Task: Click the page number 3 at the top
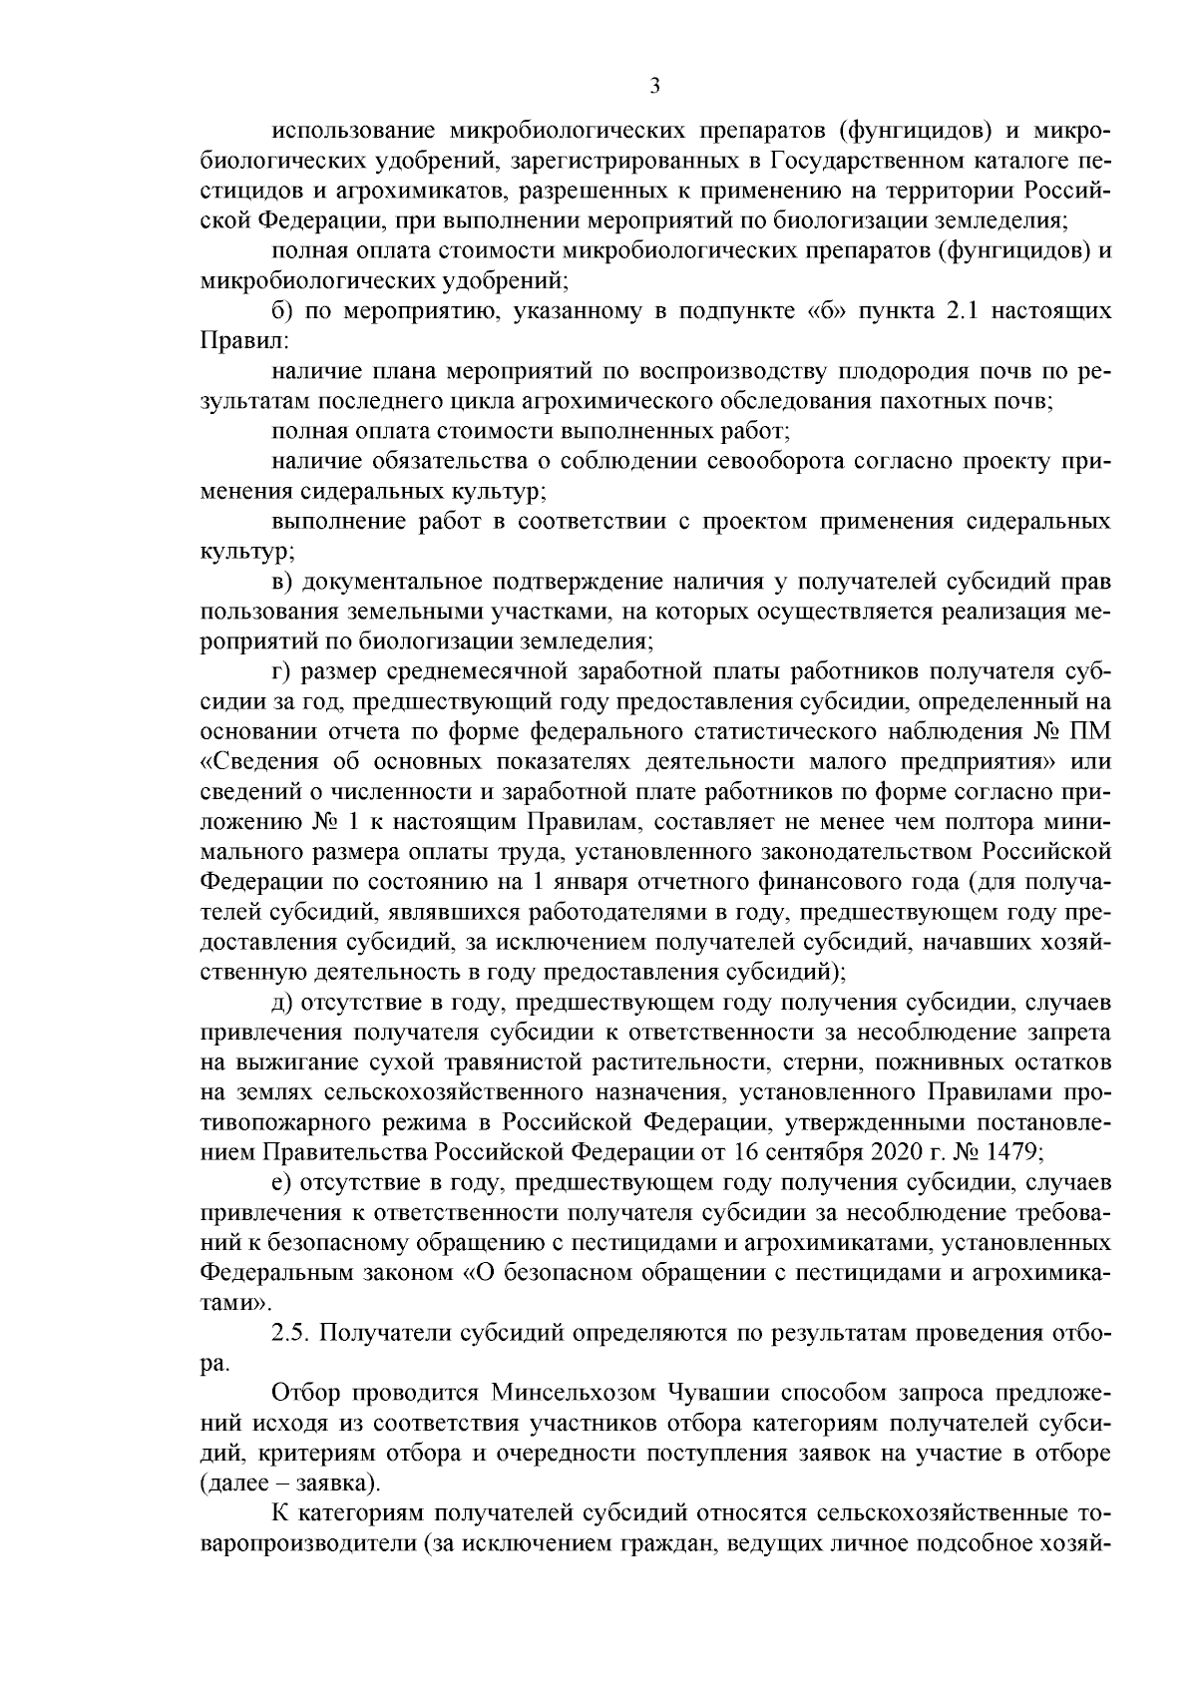[654, 87]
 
